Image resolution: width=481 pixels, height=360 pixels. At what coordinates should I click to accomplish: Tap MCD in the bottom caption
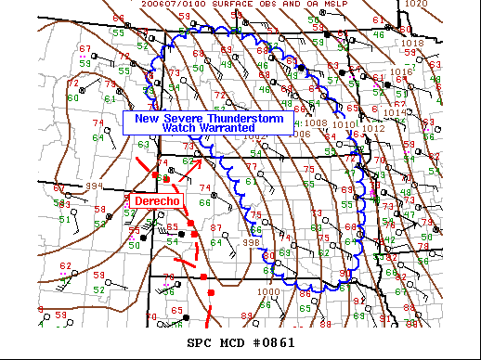tap(237, 343)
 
